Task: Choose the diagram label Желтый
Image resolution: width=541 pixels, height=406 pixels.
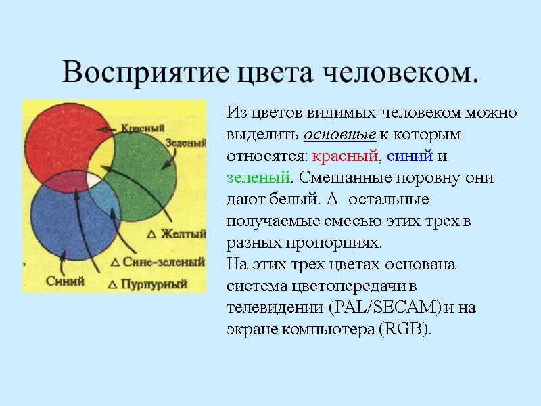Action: [182, 234]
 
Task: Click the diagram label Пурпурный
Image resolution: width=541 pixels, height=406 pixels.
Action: [154, 284]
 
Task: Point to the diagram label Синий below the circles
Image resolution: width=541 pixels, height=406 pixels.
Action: [65, 281]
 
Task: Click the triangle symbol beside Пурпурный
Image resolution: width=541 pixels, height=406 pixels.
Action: [112, 284]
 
